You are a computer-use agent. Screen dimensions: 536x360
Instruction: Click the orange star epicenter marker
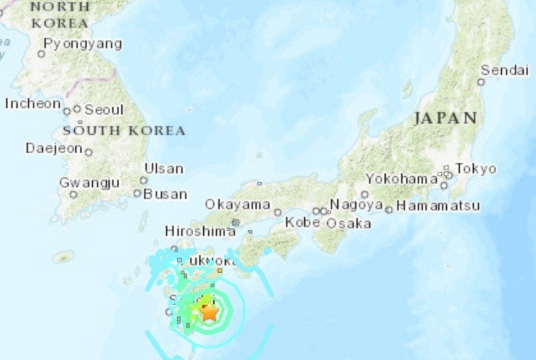(210, 311)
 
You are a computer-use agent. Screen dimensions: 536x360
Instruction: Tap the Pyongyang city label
(82, 44)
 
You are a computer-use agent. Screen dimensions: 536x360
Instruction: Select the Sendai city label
(504, 70)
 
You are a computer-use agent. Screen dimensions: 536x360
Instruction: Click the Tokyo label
(476, 169)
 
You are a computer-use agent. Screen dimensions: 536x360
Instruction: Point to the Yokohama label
(401, 179)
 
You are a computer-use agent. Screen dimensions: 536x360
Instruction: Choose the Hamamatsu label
(438, 206)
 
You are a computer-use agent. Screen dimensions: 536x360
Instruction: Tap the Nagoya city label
(356, 204)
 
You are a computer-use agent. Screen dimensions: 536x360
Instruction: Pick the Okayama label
(237, 204)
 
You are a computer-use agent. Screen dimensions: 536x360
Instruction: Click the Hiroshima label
(200, 231)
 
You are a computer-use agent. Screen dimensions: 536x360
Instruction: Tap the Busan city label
(165, 194)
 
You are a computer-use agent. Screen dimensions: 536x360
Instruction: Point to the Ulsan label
(164, 168)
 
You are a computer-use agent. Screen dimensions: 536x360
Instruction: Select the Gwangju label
(89, 182)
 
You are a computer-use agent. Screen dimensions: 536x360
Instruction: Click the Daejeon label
(54, 148)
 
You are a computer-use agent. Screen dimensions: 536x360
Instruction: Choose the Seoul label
(104, 110)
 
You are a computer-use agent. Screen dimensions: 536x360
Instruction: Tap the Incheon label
(33, 103)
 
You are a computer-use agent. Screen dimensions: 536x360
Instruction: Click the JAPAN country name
(445, 118)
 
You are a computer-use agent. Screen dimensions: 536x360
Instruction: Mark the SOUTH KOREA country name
(124, 131)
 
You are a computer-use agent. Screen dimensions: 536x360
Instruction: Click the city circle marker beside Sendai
(481, 82)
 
